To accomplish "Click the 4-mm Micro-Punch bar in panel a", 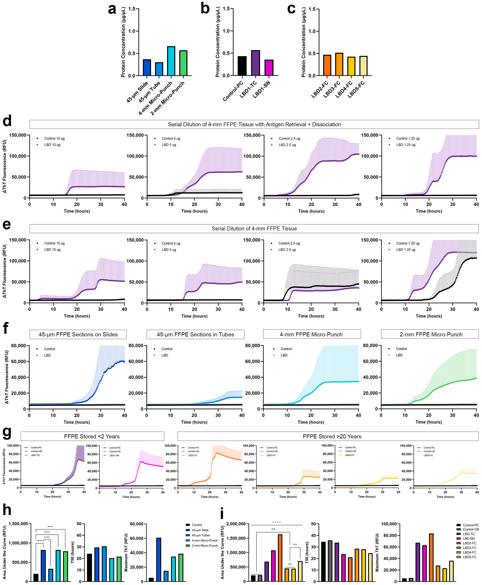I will tap(171, 61).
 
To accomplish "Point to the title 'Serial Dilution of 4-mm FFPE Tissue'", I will tap(254, 229).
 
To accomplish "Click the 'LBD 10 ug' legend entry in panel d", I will tap(52, 145).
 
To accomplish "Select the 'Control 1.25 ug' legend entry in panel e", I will tap(408, 243).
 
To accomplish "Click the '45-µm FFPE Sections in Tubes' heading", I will tap(195, 334).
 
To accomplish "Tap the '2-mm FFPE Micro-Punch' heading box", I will tap(431, 334).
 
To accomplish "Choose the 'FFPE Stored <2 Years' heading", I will tap(92, 436).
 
